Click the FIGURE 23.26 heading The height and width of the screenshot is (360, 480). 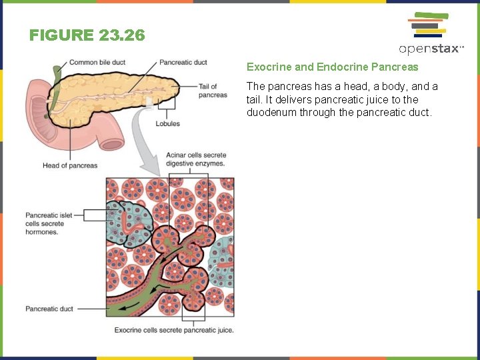tap(87, 35)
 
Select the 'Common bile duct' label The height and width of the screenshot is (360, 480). tap(97, 63)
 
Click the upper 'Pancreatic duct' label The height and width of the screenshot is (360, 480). tap(183, 63)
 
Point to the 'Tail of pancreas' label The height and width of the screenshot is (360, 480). tap(213, 91)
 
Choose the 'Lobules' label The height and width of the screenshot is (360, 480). tap(167, 123)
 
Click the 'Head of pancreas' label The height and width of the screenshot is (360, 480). tap(70, 165)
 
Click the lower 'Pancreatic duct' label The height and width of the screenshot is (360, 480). tap(49, 309)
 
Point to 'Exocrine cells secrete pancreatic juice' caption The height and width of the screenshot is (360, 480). tap(174, 330)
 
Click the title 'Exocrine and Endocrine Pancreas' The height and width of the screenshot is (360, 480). tap(332, 67)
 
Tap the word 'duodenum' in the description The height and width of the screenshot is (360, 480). tap(267, 113)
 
